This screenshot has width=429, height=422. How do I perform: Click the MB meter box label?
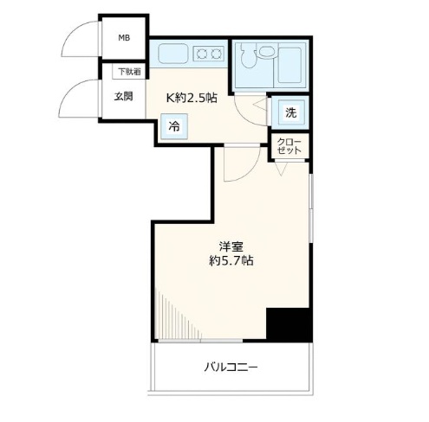tap(124, 38)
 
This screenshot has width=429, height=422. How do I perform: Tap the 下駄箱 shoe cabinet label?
tap(129, 72)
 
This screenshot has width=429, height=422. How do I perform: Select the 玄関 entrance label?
tap(123, 96)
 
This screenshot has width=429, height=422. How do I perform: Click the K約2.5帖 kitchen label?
tap(192, 98)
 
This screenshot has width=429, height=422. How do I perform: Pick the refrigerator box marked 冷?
tap(174, 126)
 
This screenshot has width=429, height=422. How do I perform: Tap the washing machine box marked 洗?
tap(290, 112)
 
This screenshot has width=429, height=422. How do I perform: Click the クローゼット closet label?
tap(289, 146)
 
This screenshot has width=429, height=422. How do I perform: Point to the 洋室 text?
tap(231, 246)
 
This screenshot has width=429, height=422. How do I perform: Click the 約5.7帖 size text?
tap(231, 260)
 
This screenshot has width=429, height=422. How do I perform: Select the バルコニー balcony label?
tap(231, 368)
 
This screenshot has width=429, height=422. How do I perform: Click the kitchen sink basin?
tap(173, 54)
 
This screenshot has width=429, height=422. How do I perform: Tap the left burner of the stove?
tap(201, 54)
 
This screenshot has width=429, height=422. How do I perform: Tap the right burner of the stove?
tap(216, 54)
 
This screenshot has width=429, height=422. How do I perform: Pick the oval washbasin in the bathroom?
tap(266, 52)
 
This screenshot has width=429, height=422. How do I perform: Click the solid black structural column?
tap(289, 325)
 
